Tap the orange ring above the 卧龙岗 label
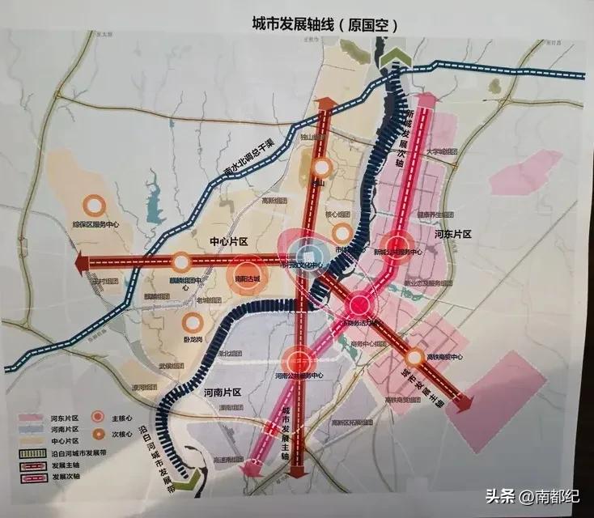pyautogui.click(x=194, y=322)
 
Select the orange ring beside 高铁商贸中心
pyautogui.click(x=414, y=356)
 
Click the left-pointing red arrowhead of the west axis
pyautogui.click(x=79, y=263)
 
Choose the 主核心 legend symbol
pyautogui.click(x=98, y=417)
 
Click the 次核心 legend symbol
pyautogui.click(x=98, y=432)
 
